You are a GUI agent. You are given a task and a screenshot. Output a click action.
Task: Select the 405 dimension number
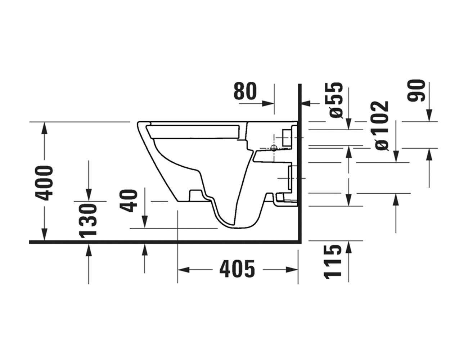pos(237,269)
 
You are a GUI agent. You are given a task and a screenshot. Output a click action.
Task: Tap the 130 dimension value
pos(88,220)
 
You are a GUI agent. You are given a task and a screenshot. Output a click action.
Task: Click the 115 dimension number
pos(332,261)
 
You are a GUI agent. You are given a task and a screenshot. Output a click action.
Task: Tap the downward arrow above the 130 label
pos(89,195)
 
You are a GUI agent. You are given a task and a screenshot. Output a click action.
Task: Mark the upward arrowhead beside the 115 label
pos(348,246)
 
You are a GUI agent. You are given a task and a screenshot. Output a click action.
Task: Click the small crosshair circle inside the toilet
pos(273,148)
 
